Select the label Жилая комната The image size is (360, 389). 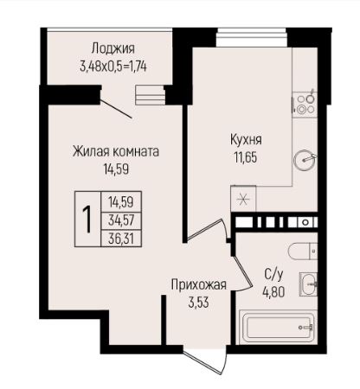[115, 150]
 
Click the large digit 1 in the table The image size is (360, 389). [87, 216]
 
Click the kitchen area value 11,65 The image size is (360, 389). [246, 156]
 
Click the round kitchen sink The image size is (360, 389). [305, 159]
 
